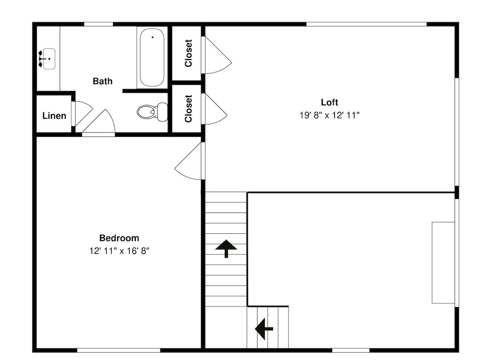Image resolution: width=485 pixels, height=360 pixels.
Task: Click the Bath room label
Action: pos(102,81)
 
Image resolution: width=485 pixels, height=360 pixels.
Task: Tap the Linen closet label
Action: pos(54,116)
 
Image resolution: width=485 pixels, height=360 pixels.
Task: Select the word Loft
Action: pos(329,102)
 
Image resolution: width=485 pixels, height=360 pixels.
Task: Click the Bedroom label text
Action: pos(119,238)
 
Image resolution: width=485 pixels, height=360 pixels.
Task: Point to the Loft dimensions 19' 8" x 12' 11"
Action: pos(329,115)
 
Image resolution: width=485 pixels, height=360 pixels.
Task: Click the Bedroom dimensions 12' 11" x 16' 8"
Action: pos(119,251)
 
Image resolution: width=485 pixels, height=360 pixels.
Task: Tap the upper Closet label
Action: pos(188,53)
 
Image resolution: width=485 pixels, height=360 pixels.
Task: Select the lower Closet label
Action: pos(188,109)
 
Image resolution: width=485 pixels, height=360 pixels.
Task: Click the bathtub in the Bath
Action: pos(152,57)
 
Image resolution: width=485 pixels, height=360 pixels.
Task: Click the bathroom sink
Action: pos(48,59)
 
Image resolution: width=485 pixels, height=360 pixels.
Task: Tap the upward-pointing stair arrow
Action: pos(226,248)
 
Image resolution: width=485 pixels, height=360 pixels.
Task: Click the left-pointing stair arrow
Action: pos(264,329)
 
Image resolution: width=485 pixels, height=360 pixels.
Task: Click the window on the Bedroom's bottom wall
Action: pos(118,350)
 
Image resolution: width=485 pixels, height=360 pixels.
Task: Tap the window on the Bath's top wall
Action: pos(98,24)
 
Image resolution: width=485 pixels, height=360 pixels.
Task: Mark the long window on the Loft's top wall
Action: pos(367,24)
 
